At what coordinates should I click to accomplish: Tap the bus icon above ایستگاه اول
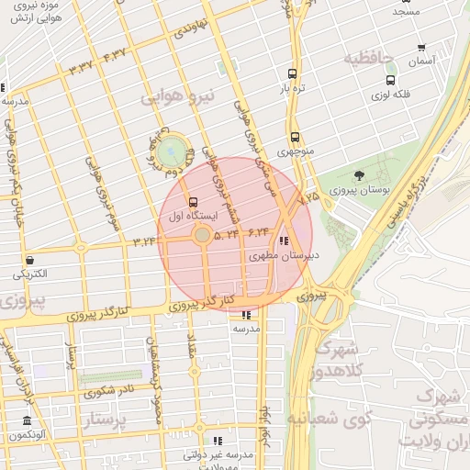[193, 202]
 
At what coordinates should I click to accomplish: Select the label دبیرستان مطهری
[285, 256]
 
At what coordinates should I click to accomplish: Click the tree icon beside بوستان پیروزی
[358, 174]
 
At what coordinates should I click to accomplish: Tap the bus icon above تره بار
[292, 74]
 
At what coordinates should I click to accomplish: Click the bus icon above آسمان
[421, 48]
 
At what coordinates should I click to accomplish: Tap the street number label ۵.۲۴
[226, 235]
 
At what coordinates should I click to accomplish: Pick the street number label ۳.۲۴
[146, 241]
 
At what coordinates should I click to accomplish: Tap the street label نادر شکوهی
[108, 392]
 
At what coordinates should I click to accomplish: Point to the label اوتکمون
[27, 435]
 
